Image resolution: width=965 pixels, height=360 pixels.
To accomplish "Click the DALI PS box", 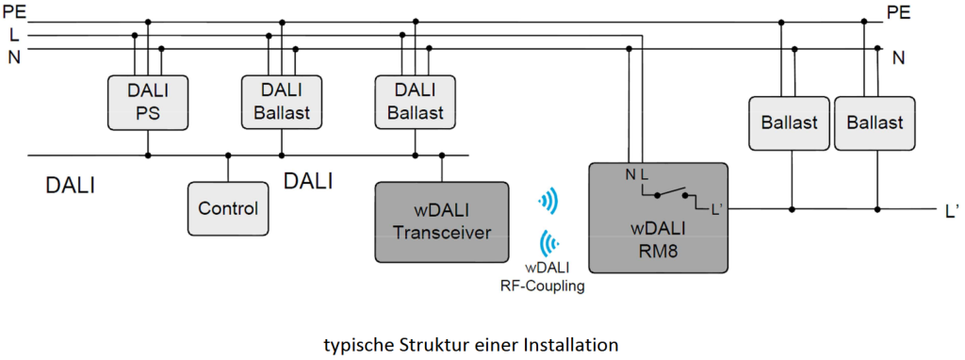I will click(x=146, y=104).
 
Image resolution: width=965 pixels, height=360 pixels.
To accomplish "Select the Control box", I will click(x=227, y=207).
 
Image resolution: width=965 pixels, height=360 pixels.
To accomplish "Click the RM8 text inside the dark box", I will click(x=659, y=249).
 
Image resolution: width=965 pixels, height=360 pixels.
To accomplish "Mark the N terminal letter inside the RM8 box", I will click(x=629, y=173).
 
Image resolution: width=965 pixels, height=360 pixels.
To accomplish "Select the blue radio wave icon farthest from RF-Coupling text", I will click(x=547, y=201).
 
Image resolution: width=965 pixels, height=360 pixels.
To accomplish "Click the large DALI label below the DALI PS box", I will click(x=71, y=186).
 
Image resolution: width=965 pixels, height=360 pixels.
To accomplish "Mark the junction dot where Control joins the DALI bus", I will click(x=227, y=155).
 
